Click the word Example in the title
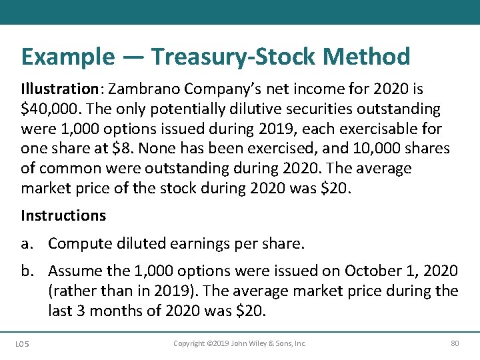(67, 57)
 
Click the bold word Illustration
(59, 89)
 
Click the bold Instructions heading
(63, 215)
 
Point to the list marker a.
(27, 244)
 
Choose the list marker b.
(27, 271)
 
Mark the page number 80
(455, 343)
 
